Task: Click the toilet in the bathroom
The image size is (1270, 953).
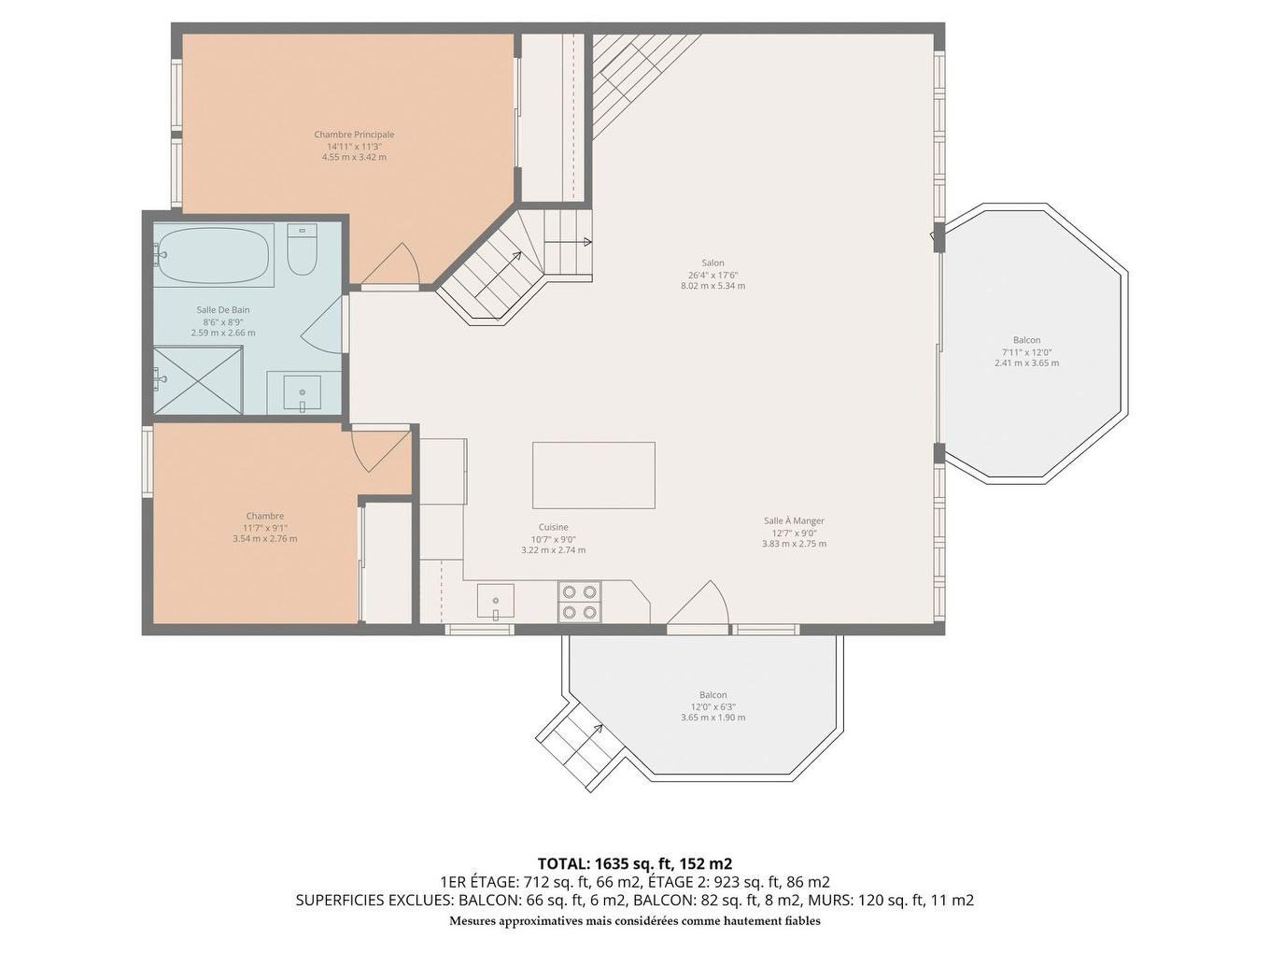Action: click(x=302, y=250)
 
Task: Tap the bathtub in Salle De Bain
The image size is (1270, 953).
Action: click(x=214, y=255)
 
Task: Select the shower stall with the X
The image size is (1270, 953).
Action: click(x=198, y=379)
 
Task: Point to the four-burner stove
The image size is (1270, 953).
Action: click(x=579, y=601)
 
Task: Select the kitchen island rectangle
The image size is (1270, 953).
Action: click(x=594, y=475)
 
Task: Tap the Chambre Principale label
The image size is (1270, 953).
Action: click(x=354, y=135)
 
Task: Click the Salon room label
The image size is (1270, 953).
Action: click(x=713, y=263)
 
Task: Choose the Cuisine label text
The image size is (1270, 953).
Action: click(x=553, y=527)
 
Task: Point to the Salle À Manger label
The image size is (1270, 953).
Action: click(x=794, y=520)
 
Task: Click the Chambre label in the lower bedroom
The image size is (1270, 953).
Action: click(x=265, y=516)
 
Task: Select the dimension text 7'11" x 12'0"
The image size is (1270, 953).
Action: click(x=1026, y=352)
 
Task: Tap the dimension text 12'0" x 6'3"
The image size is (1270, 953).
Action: click(x=713, y=706)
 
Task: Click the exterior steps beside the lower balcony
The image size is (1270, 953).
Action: click(x=581, y=746)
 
